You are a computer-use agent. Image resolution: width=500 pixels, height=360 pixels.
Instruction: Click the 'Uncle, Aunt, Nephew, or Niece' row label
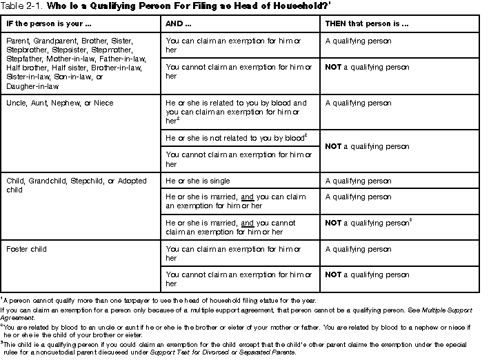click(x=60, y=103)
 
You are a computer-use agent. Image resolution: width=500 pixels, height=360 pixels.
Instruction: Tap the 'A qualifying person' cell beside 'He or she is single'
click(x=359, y=180)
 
